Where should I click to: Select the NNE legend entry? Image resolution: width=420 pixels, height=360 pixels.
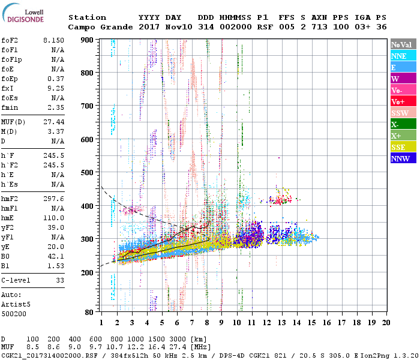(403, 56)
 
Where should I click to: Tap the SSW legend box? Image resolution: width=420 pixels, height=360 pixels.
(403, 113)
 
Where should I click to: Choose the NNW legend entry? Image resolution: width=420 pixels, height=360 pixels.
(403, 158)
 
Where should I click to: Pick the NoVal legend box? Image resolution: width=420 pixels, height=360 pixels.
(403, 44)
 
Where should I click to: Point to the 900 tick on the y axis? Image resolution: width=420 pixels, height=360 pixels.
(88, 40)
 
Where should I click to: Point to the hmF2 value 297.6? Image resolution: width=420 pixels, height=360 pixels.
(53, 198)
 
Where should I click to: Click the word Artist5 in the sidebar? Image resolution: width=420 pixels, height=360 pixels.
(14, 304)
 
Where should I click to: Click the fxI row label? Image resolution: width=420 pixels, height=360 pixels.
(7, 87)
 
